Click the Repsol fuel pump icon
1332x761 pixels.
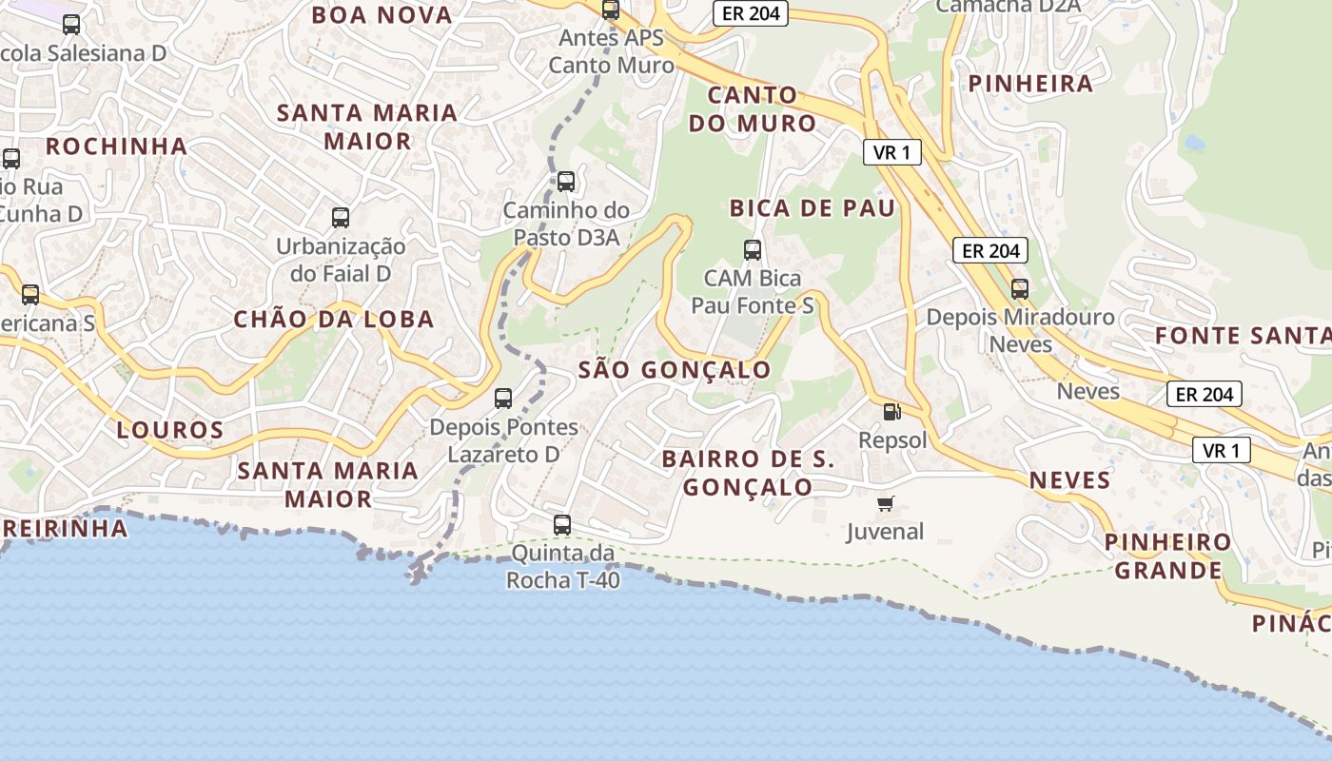tap(892, 412)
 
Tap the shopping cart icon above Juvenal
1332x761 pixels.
tap(886, 503)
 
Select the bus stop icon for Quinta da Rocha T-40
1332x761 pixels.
tap(562, 524)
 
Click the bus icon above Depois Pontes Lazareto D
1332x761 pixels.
tap(503, 399)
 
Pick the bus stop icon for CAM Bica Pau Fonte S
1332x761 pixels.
tap(753, 250)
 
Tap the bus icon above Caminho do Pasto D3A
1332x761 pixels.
tap(566, 182)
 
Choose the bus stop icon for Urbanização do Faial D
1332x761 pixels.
tap(341, 218)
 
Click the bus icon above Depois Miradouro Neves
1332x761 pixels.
tap(1020, 288)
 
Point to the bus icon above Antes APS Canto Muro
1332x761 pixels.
tap(611, 10)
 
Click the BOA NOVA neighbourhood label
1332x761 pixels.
tap(382, 15)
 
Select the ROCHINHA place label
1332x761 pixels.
tap(116, 146)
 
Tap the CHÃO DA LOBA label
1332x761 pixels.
tap(334, 320)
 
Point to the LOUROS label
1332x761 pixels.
tap(170, 430)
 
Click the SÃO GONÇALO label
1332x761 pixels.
tap(675, 370)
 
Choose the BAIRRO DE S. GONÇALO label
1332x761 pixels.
tap(748, 473)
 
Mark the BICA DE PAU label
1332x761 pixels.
tap(813, 208)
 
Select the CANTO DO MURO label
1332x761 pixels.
tap(763, 108)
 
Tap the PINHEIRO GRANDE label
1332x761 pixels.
tap(1167, 556)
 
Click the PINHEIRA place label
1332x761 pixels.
tap(1030, 84)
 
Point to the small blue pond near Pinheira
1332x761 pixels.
tap(1194, 144)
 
